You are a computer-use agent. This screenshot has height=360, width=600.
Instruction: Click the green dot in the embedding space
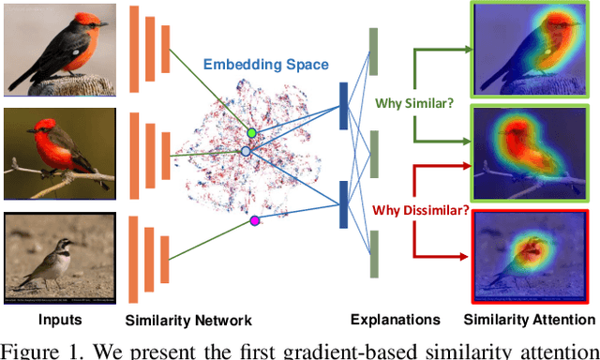[251, 133]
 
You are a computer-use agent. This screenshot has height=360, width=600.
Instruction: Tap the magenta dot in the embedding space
[253, 220]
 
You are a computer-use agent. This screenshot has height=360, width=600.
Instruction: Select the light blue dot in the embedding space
[246, 151]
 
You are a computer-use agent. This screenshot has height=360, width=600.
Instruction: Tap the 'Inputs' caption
[59, 320]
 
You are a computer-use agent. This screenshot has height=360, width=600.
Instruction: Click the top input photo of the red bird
[58, 50]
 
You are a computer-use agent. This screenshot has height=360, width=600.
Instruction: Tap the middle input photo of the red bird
[58, 153]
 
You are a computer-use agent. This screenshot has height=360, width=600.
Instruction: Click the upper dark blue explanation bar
[342, 105]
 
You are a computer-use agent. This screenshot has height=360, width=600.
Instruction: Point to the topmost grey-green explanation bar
[372, 52]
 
